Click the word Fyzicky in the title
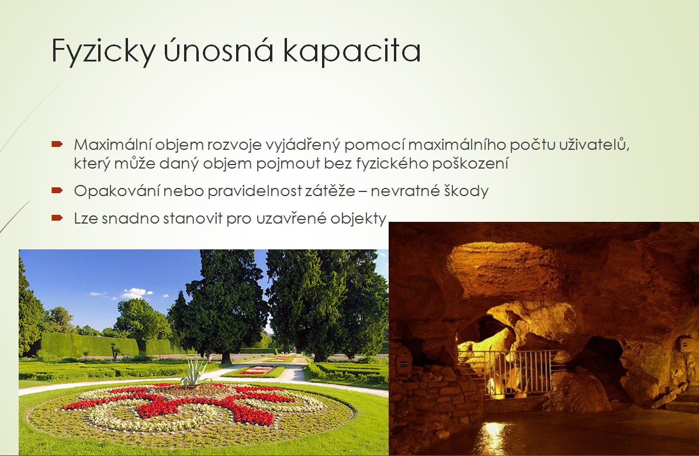[x=103, y=52]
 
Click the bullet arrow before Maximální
[x=57, y=144]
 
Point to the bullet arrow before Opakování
[x=57, y=190]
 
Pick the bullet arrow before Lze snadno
[x=57, y=218]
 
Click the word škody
[x=467, y=191]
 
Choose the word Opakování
[x=116, y=191]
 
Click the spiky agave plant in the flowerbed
[x=195, y=373]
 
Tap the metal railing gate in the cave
[x=513, y=373]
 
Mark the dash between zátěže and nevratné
[x=363, y=191]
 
